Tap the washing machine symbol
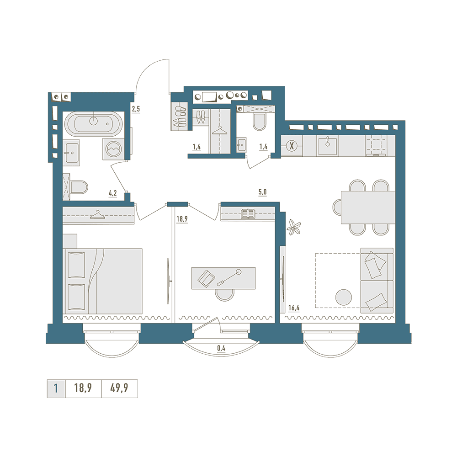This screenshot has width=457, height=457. coord(114,149)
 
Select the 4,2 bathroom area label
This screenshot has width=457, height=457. coord(113,193)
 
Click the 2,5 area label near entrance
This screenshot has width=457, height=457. coord(136,110)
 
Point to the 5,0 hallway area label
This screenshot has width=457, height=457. coord(262,192)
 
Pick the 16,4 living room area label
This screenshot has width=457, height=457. coord(294,308)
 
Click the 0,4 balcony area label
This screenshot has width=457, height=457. coord(221,348)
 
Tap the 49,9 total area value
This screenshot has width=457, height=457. coord(119,388)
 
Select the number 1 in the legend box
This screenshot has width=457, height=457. coord(56,388)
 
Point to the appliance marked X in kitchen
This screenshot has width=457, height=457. coord(291,146)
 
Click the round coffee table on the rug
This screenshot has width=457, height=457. coord(344,298)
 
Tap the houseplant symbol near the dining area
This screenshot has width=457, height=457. coord(294,227)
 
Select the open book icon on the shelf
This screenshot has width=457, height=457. coord(248,214)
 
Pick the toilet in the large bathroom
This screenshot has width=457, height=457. coord(79,187)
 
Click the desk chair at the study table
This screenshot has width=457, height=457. coord(224,294)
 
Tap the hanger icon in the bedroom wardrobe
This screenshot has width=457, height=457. coord(97,214)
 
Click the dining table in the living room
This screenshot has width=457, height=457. coord(368,207)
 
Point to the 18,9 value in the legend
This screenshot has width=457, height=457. coord(83,388)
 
